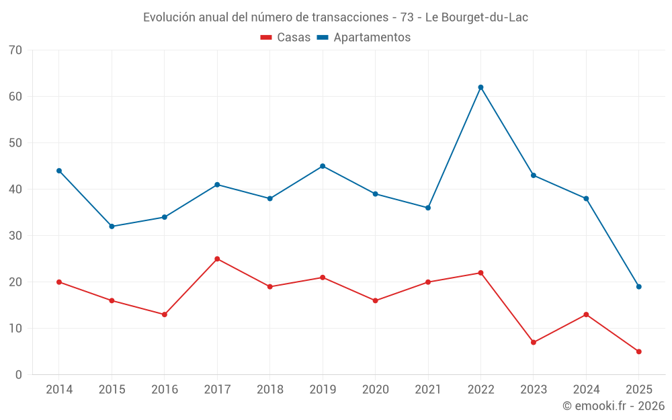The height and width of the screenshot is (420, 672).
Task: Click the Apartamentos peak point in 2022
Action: (480, 87)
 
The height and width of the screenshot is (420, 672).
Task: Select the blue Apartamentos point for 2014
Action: (59, 171)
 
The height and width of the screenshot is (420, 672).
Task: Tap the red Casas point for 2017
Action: (217, 259)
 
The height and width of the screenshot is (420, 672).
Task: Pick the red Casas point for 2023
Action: (534, 342)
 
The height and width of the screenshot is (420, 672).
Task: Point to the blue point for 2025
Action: (639, 287)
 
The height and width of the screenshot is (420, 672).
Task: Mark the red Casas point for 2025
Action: (639, 351)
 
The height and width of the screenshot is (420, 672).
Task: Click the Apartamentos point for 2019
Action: (323, 166)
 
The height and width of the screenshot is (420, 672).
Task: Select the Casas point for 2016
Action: (165, 314)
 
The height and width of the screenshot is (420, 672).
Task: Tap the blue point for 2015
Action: (112, 226)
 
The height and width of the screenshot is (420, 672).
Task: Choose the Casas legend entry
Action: (286, 38)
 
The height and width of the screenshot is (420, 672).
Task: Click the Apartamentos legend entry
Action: (364, 38)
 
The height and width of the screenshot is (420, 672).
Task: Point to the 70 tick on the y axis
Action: (15, 50)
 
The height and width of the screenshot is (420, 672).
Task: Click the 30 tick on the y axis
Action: (15, 236)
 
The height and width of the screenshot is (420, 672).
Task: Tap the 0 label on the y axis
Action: (19, 375)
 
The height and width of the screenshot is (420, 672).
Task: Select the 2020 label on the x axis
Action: (375, 390)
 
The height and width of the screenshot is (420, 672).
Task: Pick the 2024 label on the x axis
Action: (586, 390)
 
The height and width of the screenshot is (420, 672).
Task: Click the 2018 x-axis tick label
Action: (269, 390)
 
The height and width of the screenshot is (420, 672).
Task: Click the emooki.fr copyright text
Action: (613, 406)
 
